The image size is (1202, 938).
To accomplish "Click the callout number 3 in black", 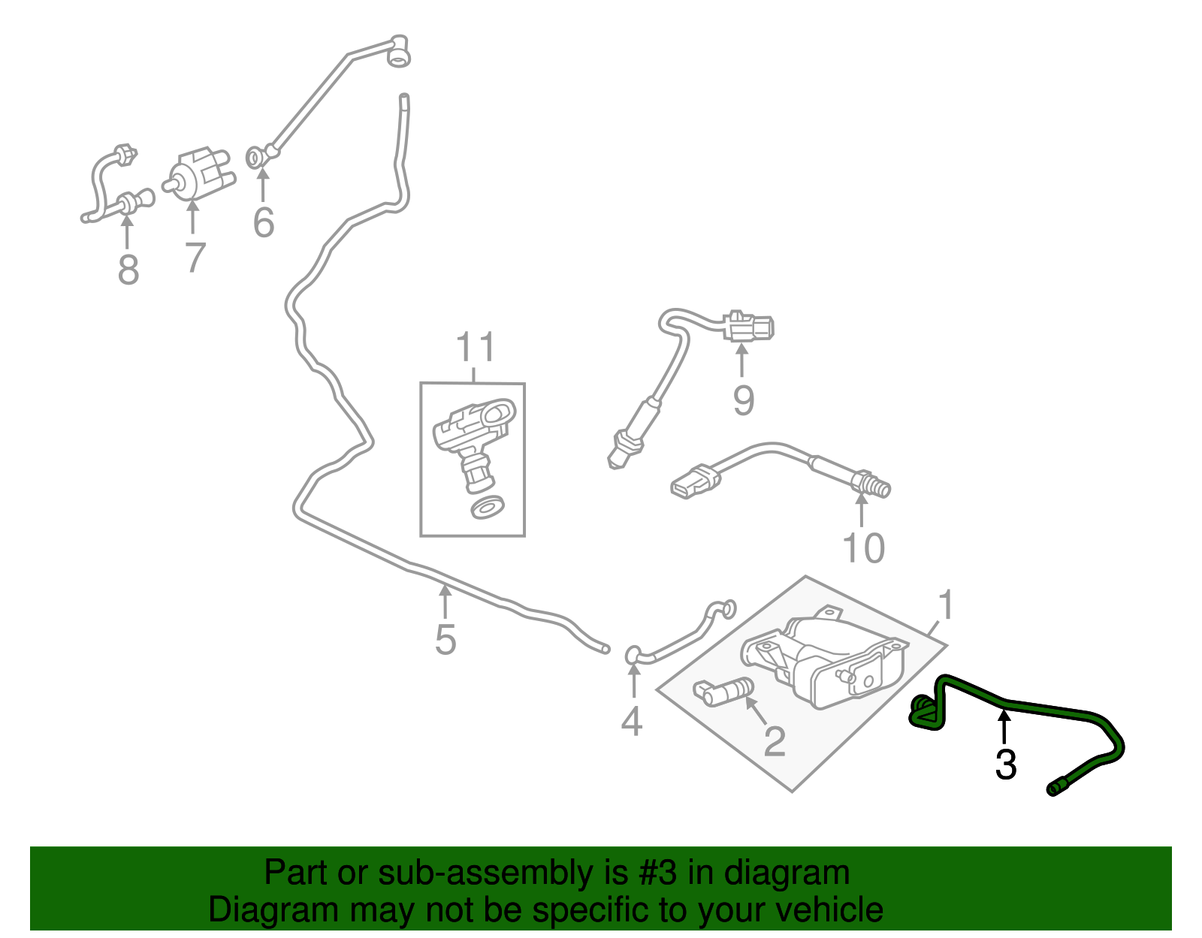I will (x=1005, y=765).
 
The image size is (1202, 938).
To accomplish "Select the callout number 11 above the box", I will (x=476, y=348).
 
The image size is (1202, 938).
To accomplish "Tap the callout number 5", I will (x=445, y=640).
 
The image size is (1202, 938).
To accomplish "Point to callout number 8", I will (x=128, y=268).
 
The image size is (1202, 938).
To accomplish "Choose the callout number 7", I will (x=195, y=257).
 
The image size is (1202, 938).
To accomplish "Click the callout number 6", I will (x=263, y=222).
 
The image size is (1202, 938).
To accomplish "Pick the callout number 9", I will (x=743, y=400).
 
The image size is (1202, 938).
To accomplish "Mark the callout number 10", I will (x=864, y=547).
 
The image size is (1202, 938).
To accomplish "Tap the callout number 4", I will (x=632, y=721).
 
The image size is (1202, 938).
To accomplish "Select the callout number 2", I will (x=774, y=741).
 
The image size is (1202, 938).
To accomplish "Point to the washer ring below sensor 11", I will (x=487, y=507).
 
